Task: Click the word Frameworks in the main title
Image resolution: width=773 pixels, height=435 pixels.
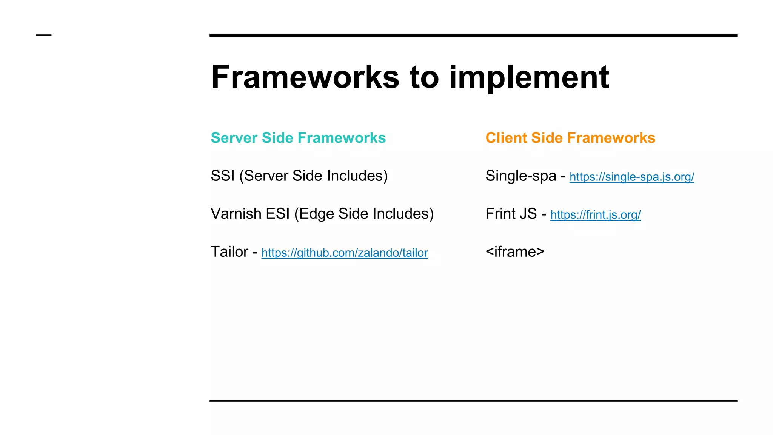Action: tap(305, 77)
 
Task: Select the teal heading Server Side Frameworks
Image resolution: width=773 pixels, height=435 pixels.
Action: tap(298, 138)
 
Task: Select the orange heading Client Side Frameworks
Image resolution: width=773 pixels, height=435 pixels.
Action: tap(570, 138)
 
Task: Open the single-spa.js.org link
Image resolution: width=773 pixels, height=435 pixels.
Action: tap(631, 177)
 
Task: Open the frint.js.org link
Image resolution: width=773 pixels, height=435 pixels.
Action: tap(595, 215)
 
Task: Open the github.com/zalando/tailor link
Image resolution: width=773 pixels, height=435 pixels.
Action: tap(344, 253)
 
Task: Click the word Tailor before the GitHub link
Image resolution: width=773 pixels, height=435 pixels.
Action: tap(229, 252)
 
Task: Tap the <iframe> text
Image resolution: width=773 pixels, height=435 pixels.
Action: tap(515, 252)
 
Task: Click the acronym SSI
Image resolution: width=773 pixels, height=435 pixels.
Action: tap(223, 176)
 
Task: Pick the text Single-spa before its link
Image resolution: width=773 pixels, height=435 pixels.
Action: tap(521, 176)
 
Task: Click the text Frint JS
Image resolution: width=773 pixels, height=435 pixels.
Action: tap(511, 214)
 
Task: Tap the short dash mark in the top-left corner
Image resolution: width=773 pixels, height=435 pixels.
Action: tap(44, 35)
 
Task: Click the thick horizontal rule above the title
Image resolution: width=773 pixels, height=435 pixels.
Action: tap(473, 35)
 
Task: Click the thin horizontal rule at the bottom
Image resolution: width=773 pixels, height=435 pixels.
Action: tap(473, 401)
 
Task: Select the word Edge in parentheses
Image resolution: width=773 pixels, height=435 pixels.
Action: tap(317, 214)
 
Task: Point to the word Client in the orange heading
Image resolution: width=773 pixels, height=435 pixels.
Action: tap(506, 138)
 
